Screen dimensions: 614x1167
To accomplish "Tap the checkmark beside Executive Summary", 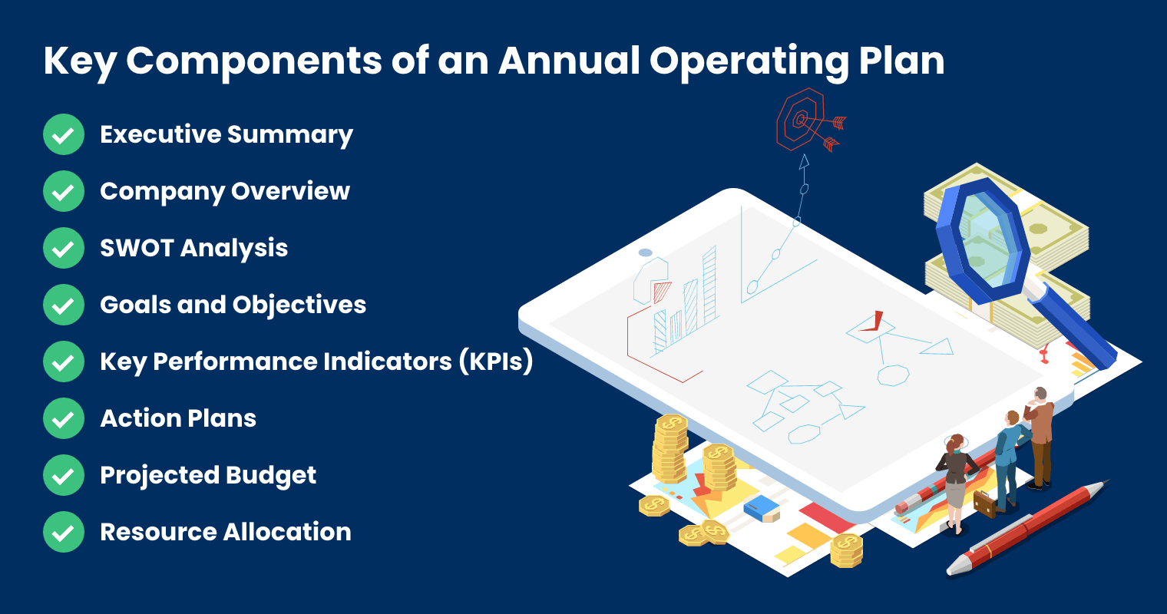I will [64, 135].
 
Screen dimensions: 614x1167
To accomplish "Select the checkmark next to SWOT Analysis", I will [64, 249].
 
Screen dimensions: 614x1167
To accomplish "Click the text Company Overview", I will [225, 192].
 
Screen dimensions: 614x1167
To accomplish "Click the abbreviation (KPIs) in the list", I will [496, 361].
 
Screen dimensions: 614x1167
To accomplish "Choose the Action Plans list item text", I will [178, 419].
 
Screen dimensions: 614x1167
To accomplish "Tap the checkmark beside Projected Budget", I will [64, 476].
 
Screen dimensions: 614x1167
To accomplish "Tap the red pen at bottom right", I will [1029, 527].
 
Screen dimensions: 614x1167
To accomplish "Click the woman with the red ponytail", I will [954, 480].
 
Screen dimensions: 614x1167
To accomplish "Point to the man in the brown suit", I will [1040, 434].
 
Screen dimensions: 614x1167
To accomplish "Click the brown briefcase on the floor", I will [984, 503].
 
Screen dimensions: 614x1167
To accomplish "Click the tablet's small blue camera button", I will [646, 253].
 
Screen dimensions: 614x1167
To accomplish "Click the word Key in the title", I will [79, 61].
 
